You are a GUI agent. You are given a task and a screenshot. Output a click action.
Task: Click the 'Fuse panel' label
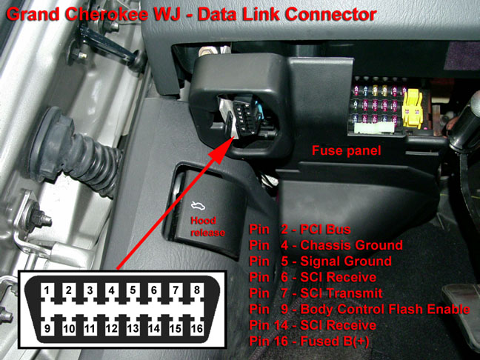point(347,151)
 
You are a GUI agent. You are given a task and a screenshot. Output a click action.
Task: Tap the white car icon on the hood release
point(199,207)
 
